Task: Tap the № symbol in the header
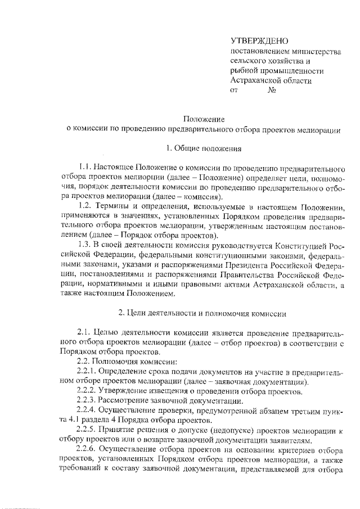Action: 272,90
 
